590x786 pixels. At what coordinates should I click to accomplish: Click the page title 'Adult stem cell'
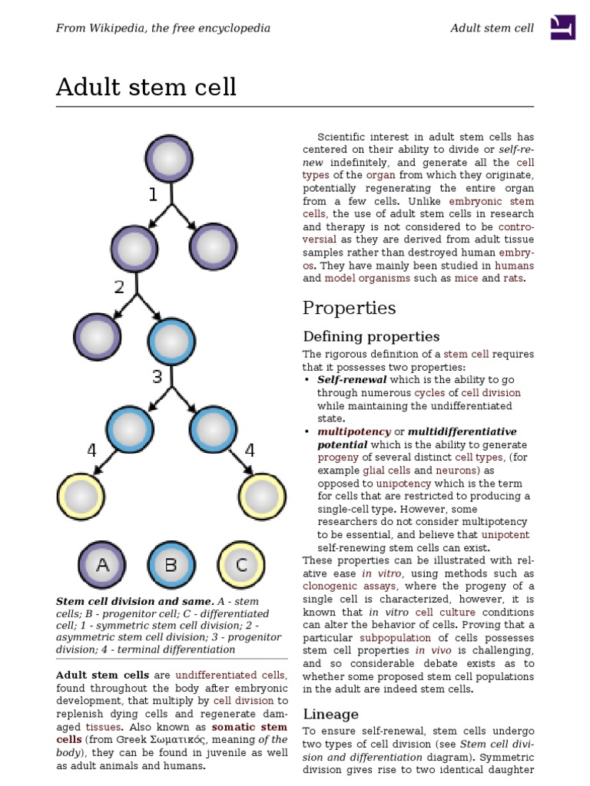pos(146,88)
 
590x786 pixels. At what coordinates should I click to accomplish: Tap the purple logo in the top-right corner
pos(563,28)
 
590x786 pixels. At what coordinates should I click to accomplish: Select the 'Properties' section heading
pos(349,308)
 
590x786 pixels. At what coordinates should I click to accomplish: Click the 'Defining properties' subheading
pos(371,336)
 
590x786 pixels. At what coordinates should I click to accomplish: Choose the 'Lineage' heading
pos(330,714)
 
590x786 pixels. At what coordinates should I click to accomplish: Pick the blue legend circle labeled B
pos(171,566)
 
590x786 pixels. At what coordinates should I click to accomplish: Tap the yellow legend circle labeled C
pos(241,566)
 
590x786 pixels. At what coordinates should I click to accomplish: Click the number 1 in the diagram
pos(153,195)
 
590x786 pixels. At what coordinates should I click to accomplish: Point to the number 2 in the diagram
pos(119,287)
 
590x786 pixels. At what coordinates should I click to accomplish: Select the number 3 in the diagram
pos(157,377)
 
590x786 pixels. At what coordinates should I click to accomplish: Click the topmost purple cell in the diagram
pos(171,159)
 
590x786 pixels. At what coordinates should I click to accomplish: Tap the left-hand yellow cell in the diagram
pos(81,497)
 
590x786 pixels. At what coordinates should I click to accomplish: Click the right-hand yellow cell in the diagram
pos(263,497)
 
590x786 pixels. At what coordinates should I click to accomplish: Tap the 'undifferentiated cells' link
pos(231,675)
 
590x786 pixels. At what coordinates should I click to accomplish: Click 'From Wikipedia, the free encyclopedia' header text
pos(163,28)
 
